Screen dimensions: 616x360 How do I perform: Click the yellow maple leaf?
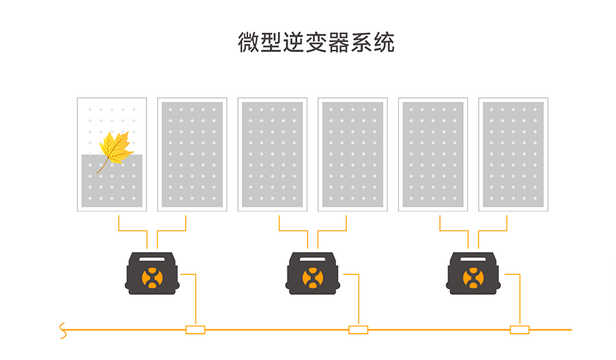pos(115,149)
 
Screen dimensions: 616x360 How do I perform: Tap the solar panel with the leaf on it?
pos(112,154)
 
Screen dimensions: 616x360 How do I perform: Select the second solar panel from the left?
pos(192,154)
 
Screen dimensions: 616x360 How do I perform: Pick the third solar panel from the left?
pos(272,154)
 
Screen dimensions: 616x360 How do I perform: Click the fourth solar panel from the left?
pos(353,154)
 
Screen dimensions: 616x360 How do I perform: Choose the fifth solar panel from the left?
pos(433,154)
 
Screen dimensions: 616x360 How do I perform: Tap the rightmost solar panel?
pos(513,154)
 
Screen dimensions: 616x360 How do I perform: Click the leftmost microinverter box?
pos(152,274)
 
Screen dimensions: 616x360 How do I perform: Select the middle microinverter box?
pos(312,274)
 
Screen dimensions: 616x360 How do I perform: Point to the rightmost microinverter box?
pos(473,274)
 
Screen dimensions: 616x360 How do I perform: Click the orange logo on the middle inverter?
pos(312,278)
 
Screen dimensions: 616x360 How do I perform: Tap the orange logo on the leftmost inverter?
pos(152,278)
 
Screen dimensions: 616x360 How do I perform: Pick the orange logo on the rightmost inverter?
pos(473,278)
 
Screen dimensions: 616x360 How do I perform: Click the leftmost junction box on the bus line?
pos(195,330)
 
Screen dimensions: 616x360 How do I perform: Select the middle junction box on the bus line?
pos(358,330)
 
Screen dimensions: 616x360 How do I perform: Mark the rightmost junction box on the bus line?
pos(519,330)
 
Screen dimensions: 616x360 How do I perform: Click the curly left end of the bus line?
pos(63,331)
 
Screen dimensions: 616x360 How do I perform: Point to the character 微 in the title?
pos(249,42)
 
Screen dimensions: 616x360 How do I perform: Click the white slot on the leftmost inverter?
pos(152,259)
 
